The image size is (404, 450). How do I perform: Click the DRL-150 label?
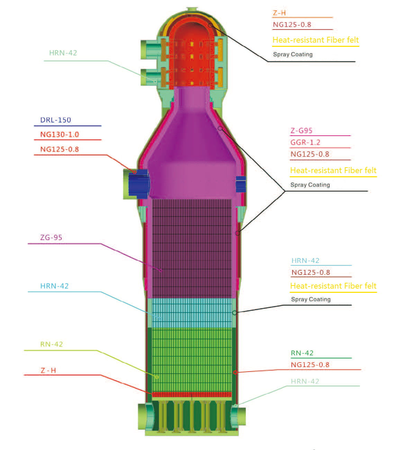[x=55, y=120]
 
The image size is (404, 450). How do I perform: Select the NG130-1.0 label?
[x=60, y=134]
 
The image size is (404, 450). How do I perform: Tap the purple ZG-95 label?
[x=51, y=238]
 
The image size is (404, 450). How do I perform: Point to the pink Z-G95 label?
[x=301, y=131]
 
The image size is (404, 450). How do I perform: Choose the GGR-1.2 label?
[x=305, y=142]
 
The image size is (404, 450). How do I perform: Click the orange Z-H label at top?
[x=279, y=13]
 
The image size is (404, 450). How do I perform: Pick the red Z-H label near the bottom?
[x=48, y=371]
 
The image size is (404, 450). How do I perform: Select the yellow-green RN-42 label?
[x=52, y=345]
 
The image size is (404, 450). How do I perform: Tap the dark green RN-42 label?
[x=302, y=353]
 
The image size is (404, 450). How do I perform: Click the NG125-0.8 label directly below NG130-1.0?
[x=60, y=150]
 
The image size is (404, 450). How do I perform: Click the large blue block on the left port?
[x=138, y=183]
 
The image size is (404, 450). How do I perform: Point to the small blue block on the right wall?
[x=241, y=184]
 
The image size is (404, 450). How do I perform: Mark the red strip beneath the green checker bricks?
[x=191, y=394]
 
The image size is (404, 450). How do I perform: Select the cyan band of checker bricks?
[x=191, y=313]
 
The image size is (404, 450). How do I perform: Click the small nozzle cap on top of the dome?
[x=191, y=9]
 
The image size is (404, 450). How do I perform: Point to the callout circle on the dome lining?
[x=210, y=25]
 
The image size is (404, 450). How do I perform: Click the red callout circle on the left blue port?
[x=135, y=171]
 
